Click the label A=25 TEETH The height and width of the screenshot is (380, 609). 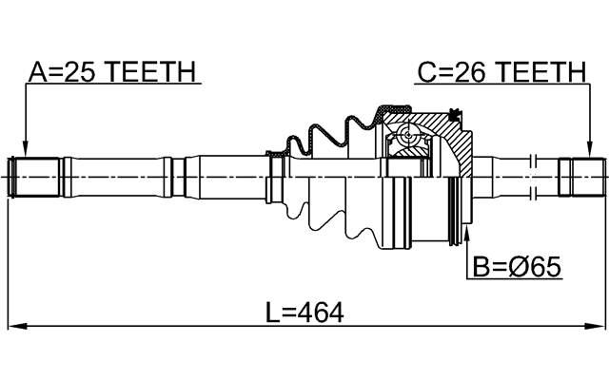112,71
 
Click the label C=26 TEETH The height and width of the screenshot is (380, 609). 500,71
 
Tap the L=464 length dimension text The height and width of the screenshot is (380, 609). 304,312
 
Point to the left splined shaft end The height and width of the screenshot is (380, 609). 35,178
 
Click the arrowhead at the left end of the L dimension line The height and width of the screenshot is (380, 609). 11,327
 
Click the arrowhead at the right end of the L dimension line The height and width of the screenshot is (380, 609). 598,327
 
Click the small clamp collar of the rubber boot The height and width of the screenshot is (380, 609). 277,177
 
